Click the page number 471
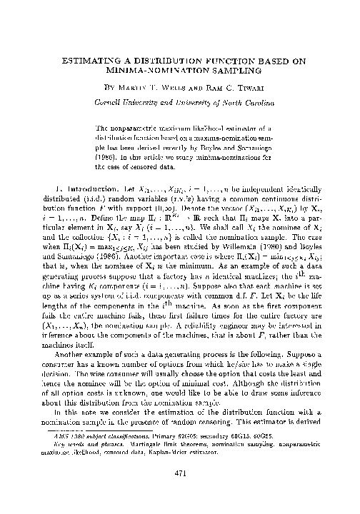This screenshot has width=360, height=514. tap(179, 490)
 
